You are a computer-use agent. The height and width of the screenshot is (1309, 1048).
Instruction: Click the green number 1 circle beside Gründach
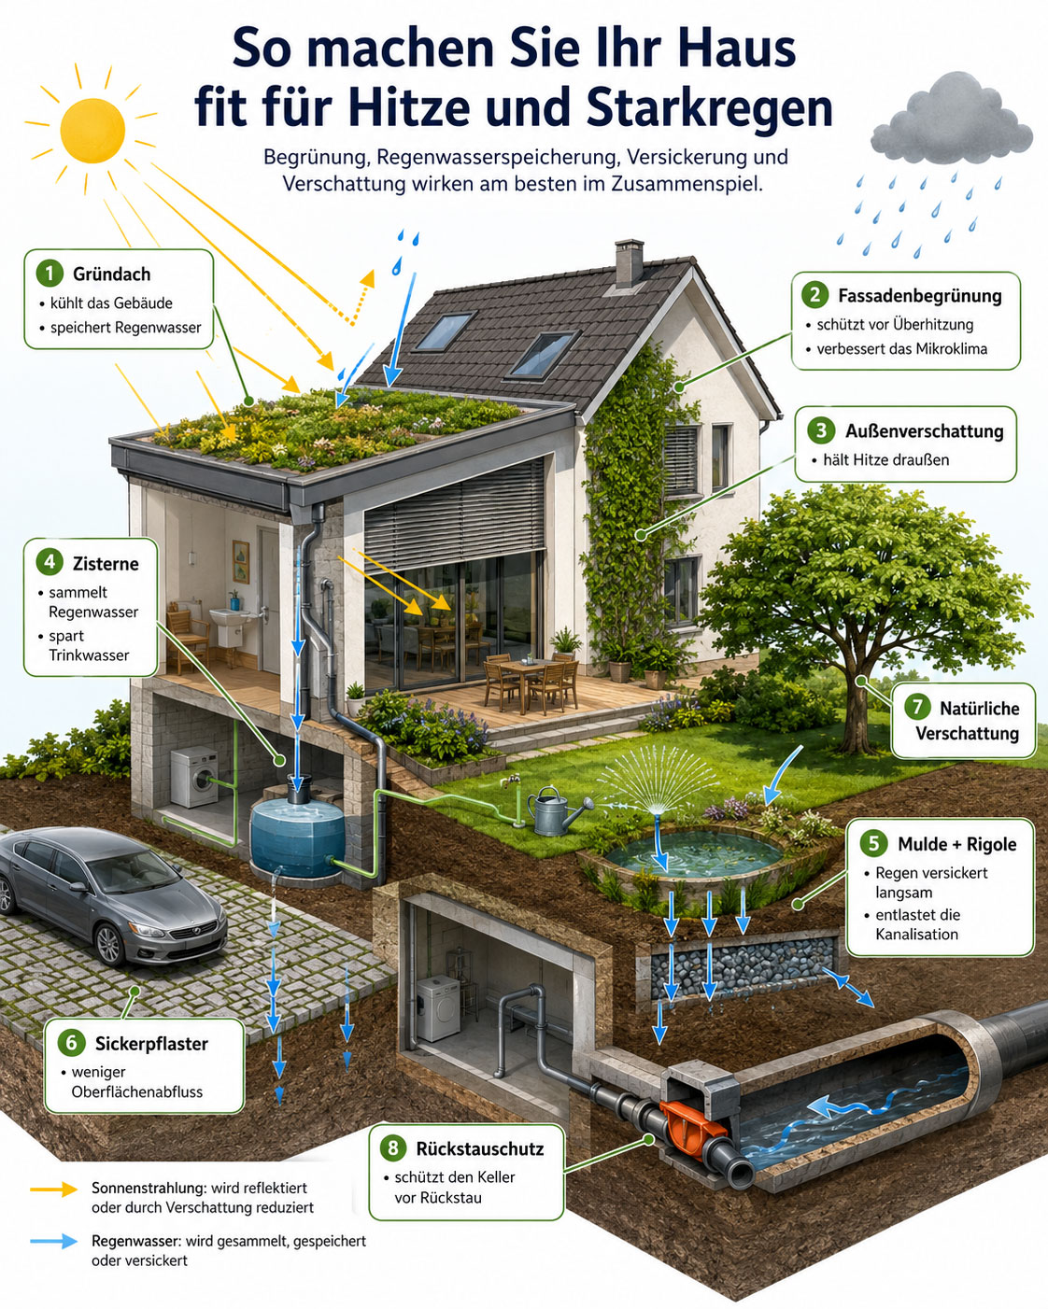pos(50,274)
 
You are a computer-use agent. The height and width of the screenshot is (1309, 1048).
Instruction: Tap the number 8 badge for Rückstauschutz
pos(392,1148)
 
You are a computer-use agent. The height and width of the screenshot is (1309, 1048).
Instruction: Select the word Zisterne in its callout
pos(106,564)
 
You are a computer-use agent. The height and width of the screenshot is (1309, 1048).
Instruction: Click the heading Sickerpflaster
pos(151,1043)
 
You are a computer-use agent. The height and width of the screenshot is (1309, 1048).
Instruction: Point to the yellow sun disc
pos(92,130)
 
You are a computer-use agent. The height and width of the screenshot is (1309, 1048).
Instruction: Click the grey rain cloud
pos(951,120)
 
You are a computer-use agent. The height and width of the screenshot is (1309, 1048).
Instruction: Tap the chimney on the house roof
pos(630,262)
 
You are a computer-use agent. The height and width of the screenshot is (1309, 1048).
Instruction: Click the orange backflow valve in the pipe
pos(692,1123)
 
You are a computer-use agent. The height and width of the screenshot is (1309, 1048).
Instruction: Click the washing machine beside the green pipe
pos(194,778)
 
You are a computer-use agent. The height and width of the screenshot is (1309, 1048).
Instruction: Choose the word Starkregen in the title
pos(710,107)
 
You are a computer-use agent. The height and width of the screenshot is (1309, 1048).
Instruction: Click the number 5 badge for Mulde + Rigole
pos(874,844)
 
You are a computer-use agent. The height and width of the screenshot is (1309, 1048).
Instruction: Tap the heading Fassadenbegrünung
pos(920,296)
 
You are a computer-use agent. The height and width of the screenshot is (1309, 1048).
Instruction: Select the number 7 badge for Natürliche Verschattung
pos(917,708)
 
